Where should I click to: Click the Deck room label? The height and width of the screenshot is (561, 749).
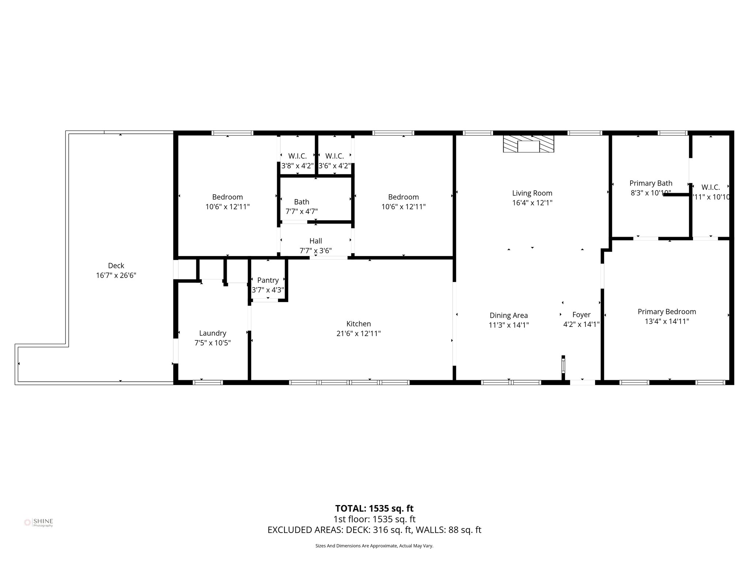coord(116,266)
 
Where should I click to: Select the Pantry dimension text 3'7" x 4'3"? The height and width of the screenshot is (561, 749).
coord(268,290)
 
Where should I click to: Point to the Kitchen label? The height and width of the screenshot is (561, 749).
coord(358,324)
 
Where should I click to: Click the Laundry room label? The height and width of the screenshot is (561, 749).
coord(212,333)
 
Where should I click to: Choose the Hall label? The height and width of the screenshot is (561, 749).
coord(316,241)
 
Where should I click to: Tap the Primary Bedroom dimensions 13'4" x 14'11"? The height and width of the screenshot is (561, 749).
coord(667,321)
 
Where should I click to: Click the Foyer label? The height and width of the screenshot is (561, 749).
coord(581,314)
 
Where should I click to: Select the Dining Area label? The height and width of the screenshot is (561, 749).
coord(508,315)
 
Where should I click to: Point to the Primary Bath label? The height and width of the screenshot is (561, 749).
coord(651,183)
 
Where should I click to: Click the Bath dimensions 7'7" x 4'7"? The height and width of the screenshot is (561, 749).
coord(301,211)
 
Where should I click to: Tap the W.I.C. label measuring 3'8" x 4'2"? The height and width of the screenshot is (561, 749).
coord(297,156)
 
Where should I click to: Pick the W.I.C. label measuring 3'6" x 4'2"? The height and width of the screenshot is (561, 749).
coord(334,156)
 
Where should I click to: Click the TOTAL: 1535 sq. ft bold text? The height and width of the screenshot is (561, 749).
coord(374,508)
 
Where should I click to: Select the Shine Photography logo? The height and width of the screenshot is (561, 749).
coord(38,522)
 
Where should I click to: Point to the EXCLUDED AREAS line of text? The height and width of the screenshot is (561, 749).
coord(374,530)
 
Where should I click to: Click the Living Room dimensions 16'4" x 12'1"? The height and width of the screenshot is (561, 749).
coord(532,203)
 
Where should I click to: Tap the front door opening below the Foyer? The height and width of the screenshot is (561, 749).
coord(582,382)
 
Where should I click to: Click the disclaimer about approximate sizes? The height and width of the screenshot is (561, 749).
coord(374,546)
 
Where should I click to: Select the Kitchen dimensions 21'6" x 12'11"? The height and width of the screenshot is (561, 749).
coord(358,333)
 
